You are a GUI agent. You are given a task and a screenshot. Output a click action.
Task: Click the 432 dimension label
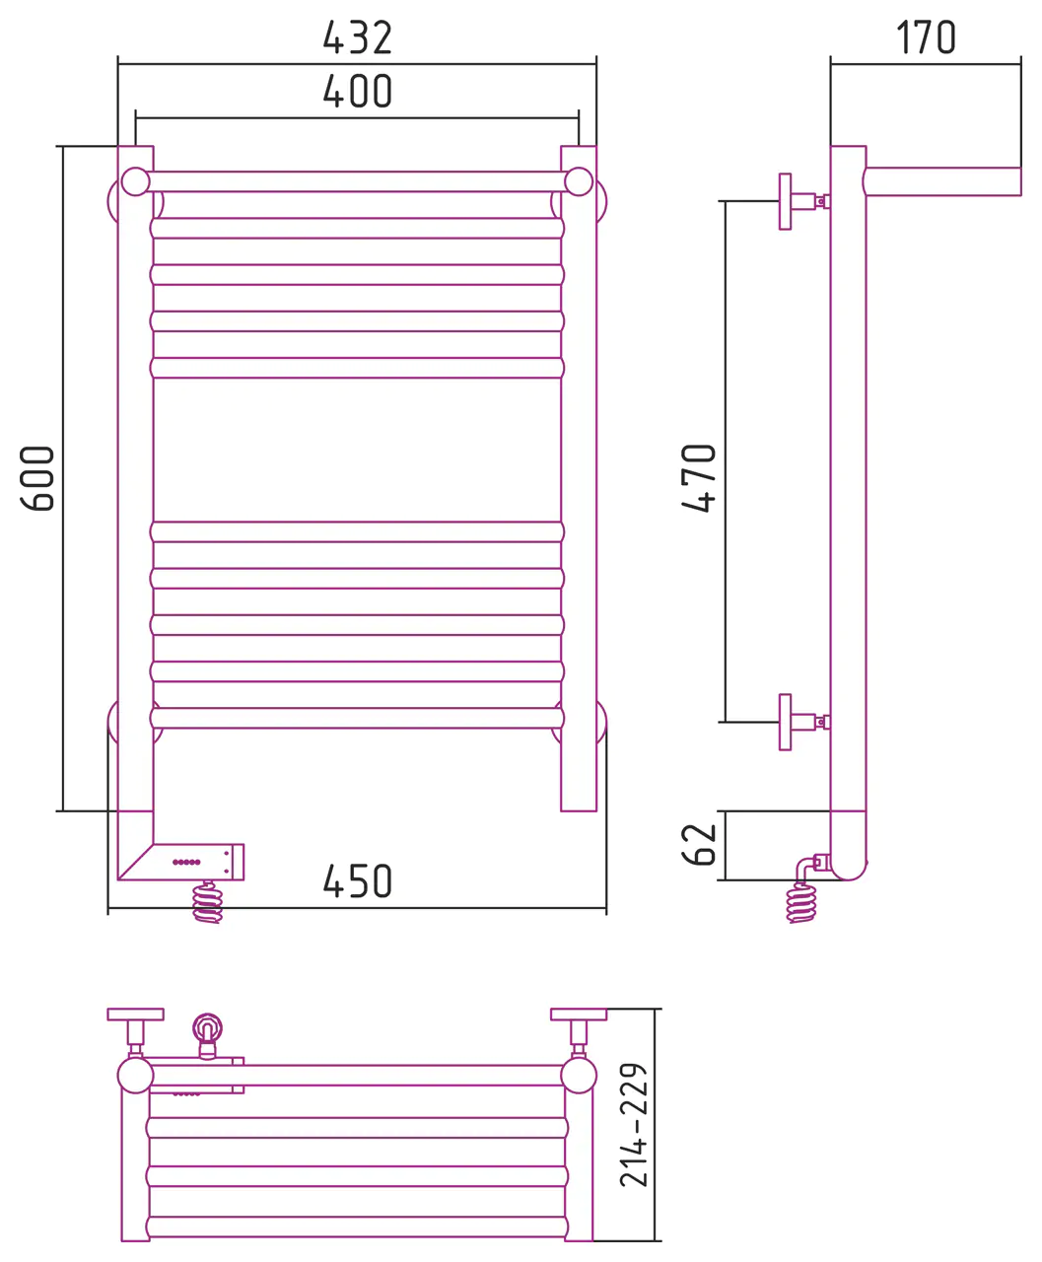[x=357, y=37]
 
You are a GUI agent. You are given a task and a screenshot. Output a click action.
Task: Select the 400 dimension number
[x=357, y=92]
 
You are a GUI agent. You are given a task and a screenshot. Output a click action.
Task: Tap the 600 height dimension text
[x=37, y=478]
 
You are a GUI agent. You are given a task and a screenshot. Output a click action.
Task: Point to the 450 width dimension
[x=357, y=881]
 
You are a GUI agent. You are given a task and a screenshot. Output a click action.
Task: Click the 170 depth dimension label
[x=926, y=37]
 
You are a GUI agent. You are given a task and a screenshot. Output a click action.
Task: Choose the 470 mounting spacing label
[x=699, y=477]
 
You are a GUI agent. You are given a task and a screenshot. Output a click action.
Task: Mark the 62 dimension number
[x=699, y=844]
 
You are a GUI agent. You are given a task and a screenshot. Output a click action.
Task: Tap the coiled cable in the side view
[x=801, y=902]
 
